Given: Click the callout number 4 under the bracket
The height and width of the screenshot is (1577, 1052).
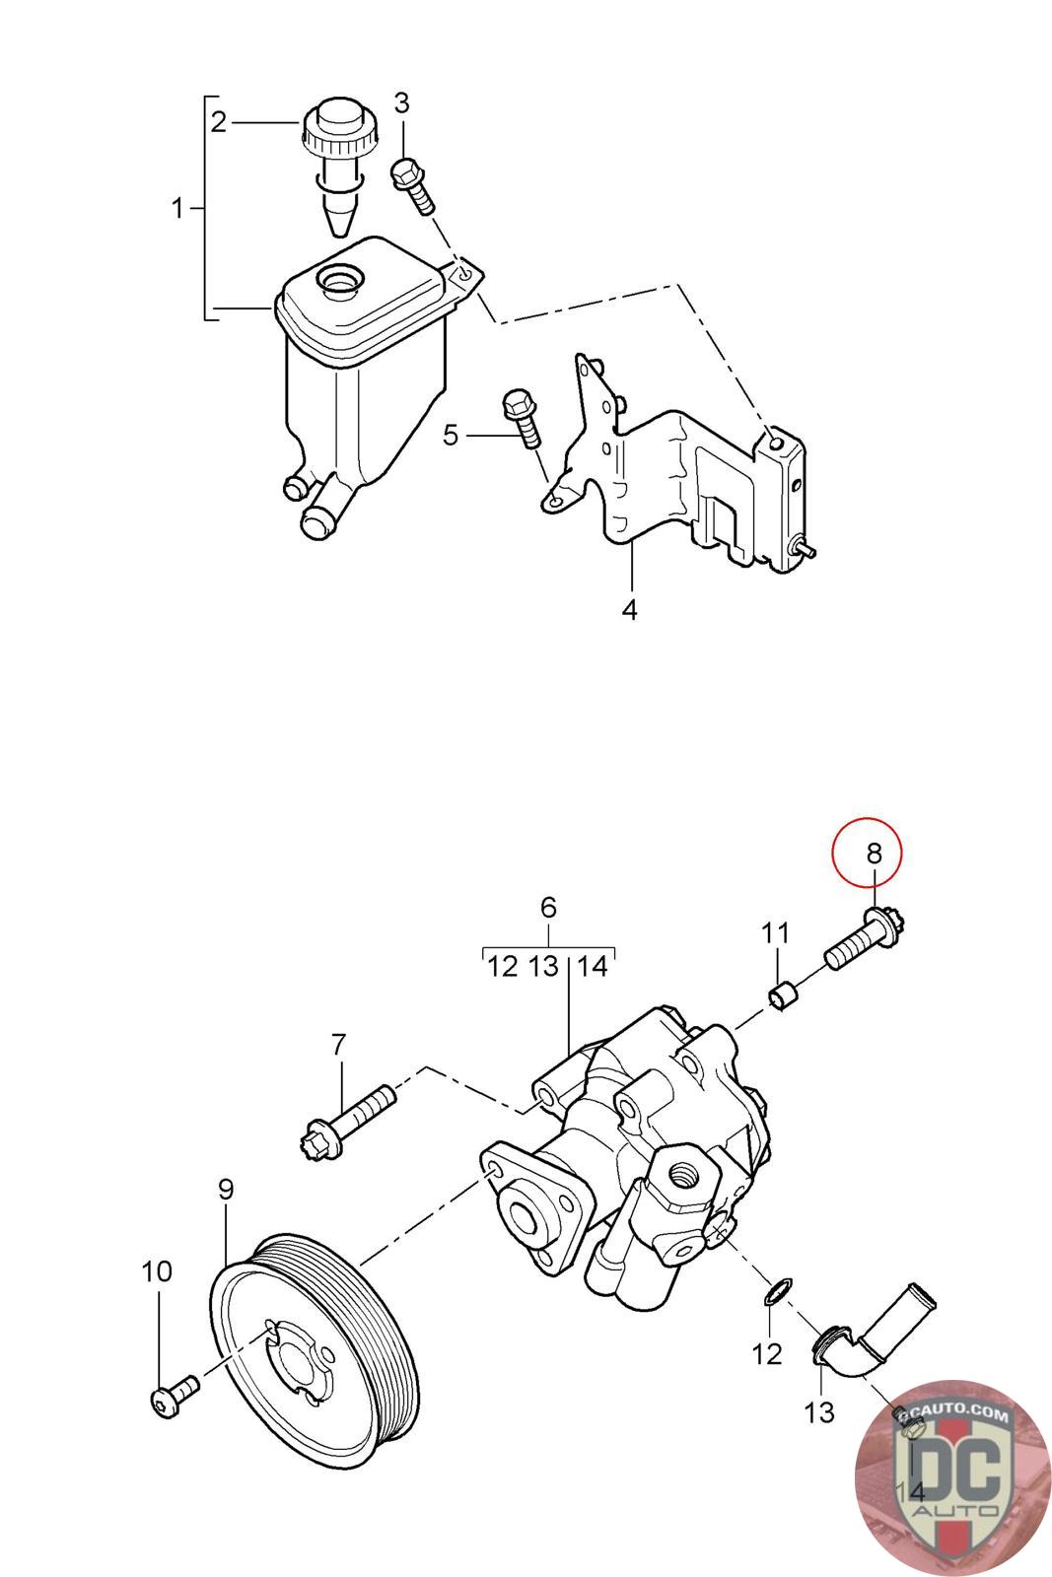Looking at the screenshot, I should pos(630,610).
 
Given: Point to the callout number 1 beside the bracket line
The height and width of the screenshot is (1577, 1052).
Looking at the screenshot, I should pos(178,209).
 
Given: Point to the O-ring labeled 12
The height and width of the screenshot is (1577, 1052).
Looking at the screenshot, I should pos(778,1289).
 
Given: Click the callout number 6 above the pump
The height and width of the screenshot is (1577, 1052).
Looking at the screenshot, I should pos(549,907).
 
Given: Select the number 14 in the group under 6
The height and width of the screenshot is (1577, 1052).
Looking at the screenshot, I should pos(593,966).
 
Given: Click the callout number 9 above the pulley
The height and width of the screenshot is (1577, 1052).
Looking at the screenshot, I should pos(226,1190).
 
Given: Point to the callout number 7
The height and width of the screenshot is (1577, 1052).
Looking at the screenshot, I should pos(338,1043).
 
